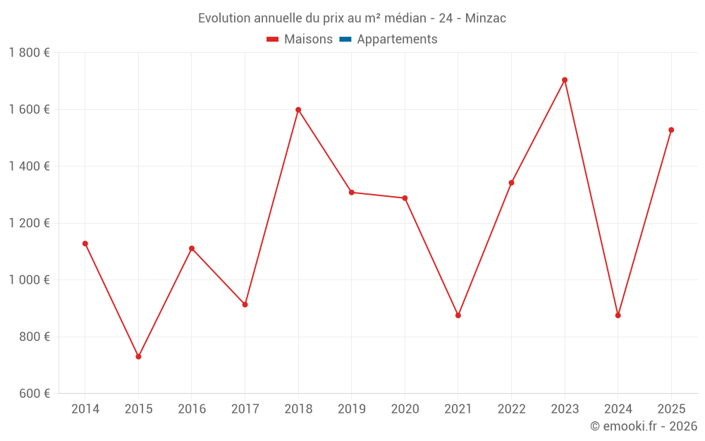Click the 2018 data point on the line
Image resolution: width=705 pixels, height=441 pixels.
[x=298, y=110]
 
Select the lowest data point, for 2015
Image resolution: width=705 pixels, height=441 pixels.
[x=138, y=357]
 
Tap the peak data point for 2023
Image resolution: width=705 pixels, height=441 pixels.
[x=565, y=80]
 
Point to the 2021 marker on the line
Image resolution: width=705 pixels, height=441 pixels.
[x=458, y=315]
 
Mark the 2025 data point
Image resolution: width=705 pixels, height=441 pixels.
[x=671, y=130]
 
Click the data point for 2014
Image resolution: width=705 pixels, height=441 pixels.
[x=85, y=243]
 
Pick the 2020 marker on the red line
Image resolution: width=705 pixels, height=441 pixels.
[x=405, y=198]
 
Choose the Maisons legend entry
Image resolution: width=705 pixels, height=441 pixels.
[x=308, y=40]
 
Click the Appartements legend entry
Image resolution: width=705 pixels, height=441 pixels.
[x=397, y=40]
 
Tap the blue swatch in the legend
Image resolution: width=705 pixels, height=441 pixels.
[x=345, y=40]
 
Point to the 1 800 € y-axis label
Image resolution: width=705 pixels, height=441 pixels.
[x=29, y=53]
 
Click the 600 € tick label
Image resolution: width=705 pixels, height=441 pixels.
[x=34, y=394]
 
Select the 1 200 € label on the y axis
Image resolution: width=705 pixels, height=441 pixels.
[x=29, y=223]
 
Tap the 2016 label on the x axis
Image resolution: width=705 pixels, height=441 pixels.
[x=192, y=409]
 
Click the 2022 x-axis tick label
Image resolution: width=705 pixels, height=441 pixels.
[x=511, y=409]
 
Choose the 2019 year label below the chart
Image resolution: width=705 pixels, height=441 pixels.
[x=352, y=409]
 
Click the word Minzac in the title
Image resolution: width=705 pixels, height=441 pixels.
[x=486, y=18]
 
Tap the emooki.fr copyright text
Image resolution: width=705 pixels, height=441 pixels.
[x=644, y=426]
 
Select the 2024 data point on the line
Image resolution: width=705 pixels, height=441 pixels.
[x=618, y=315]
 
